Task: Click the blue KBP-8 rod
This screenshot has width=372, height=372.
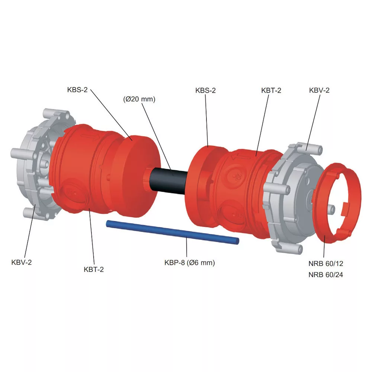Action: pos(173,232)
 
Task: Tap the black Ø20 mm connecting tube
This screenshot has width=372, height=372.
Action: pos(169,181)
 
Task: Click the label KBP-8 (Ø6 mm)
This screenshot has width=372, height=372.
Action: pos(190,263)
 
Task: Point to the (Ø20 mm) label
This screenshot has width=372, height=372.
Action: pos(139,99)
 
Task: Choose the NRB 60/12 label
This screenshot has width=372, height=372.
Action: pos(326,263)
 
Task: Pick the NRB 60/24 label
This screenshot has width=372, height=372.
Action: pos(326,275)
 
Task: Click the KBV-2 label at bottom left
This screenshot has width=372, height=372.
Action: pos(21,262)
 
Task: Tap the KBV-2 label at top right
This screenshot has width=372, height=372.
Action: pos(319,90)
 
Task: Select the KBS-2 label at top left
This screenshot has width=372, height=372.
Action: pos(77,90)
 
